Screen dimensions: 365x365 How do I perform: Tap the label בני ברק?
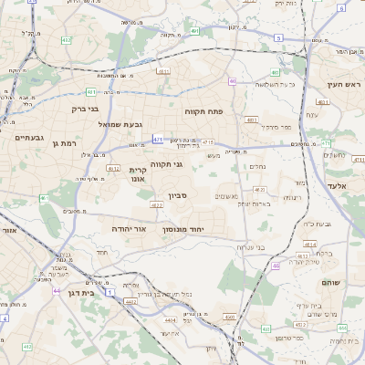pos(84,109)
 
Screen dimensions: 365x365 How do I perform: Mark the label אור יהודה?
pos(130,228)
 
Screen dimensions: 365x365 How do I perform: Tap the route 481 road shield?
pos(91,92)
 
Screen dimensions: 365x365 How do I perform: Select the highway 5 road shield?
pos(277,37)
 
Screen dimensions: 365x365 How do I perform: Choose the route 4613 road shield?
pos(163,70)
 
